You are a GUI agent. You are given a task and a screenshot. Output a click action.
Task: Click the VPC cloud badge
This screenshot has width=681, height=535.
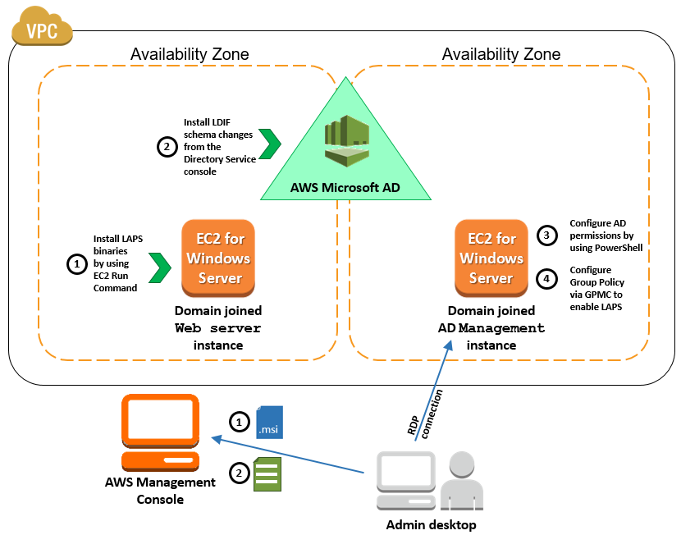pos(40,30)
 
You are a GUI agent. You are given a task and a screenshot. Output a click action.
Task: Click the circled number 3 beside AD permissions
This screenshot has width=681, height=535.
pos(546,234)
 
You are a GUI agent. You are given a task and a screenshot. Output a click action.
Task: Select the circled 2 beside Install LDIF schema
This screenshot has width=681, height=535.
pos(167,147)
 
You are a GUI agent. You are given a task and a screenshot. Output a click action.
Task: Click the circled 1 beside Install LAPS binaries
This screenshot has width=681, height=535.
pos(75,263)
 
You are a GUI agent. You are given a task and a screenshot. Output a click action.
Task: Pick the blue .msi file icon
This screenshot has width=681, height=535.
pos(269,422)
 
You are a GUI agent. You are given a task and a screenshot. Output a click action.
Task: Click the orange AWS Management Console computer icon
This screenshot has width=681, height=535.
pos(159,431)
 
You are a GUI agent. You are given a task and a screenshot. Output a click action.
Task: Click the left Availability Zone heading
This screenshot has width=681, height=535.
pos(190,55)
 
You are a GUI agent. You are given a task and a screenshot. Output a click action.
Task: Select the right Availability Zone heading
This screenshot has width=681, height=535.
pos(501,55)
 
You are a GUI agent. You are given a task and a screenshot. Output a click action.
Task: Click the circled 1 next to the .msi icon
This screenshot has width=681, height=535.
pos(238,422)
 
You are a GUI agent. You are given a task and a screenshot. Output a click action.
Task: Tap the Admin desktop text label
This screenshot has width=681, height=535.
pos(431,524)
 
